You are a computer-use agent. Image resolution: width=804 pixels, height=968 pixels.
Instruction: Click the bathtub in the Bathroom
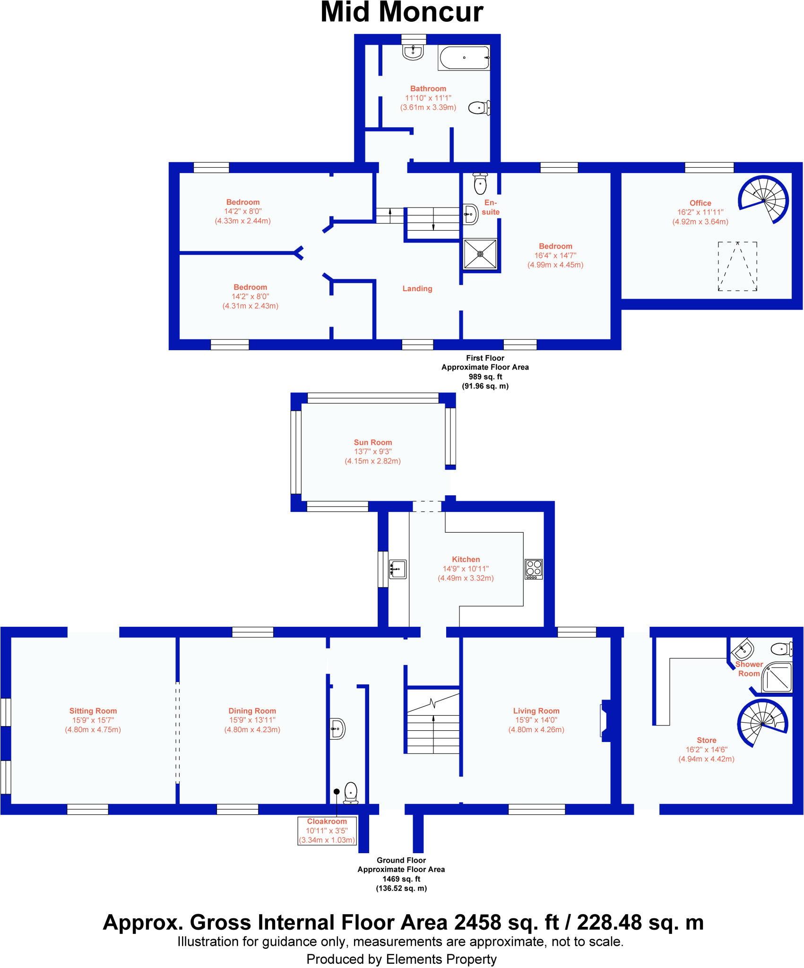(464, 58)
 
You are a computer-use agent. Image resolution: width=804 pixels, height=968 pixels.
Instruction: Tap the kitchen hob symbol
(534, 569)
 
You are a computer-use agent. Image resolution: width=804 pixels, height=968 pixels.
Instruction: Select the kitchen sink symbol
(398, 569)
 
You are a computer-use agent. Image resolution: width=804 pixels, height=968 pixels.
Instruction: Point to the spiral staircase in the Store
(762, 723)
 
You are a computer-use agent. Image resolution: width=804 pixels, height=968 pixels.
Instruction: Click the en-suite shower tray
(480, 254)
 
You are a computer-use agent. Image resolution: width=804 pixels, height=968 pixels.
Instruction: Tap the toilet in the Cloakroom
(351, 793)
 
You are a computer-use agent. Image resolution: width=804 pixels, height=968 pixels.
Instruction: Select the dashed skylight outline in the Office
(737, 266)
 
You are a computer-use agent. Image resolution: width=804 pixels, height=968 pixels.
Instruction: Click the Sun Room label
(373, 442)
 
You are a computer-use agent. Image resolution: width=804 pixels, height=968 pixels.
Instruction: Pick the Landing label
(417, 288)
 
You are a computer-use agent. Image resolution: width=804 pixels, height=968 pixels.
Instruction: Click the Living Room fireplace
(605, 721)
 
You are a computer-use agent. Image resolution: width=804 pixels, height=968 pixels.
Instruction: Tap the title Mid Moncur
(402, 13)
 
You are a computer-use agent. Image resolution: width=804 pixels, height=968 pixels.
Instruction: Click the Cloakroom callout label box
(327, 830)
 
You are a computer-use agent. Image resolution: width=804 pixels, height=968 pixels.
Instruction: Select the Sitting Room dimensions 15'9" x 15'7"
(93, 720)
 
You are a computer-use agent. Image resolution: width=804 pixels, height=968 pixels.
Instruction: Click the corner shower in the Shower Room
(778, 677)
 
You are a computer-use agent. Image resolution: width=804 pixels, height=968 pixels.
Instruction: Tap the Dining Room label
(252, 711)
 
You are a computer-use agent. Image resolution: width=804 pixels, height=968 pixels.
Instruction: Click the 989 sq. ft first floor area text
(485, 377)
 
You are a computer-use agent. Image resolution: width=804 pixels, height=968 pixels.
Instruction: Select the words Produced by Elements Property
(402, 959)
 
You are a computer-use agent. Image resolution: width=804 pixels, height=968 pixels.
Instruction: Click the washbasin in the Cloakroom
(337, 729)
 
